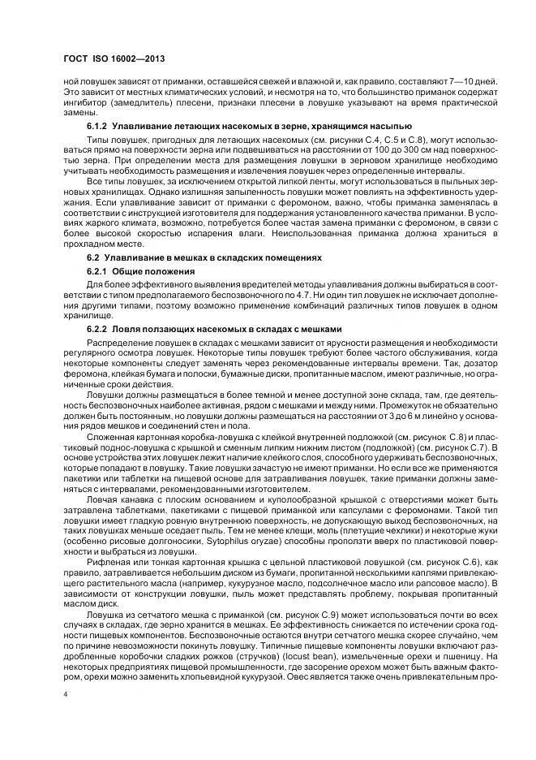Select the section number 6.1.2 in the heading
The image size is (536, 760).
(x=97, y=127)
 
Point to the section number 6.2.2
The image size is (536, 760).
(x=97, y=329)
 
